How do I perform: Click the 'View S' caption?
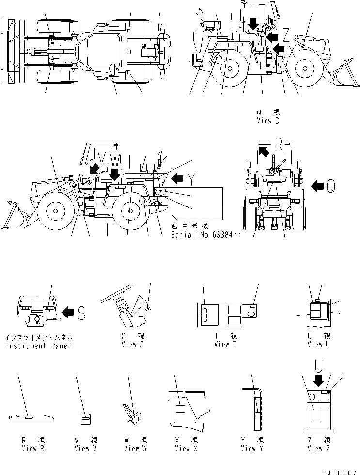(x=132, y=344)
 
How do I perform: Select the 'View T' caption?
(x=225, y=344)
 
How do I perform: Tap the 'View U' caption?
(x=318, y=344)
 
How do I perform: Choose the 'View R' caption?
(x=33, y=448)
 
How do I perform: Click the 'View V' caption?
(x=86, y=448)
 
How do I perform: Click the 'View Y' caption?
(x=252, y=448)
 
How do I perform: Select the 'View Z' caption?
(x=318, y=448)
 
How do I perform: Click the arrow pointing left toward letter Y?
(x=177, y=179)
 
